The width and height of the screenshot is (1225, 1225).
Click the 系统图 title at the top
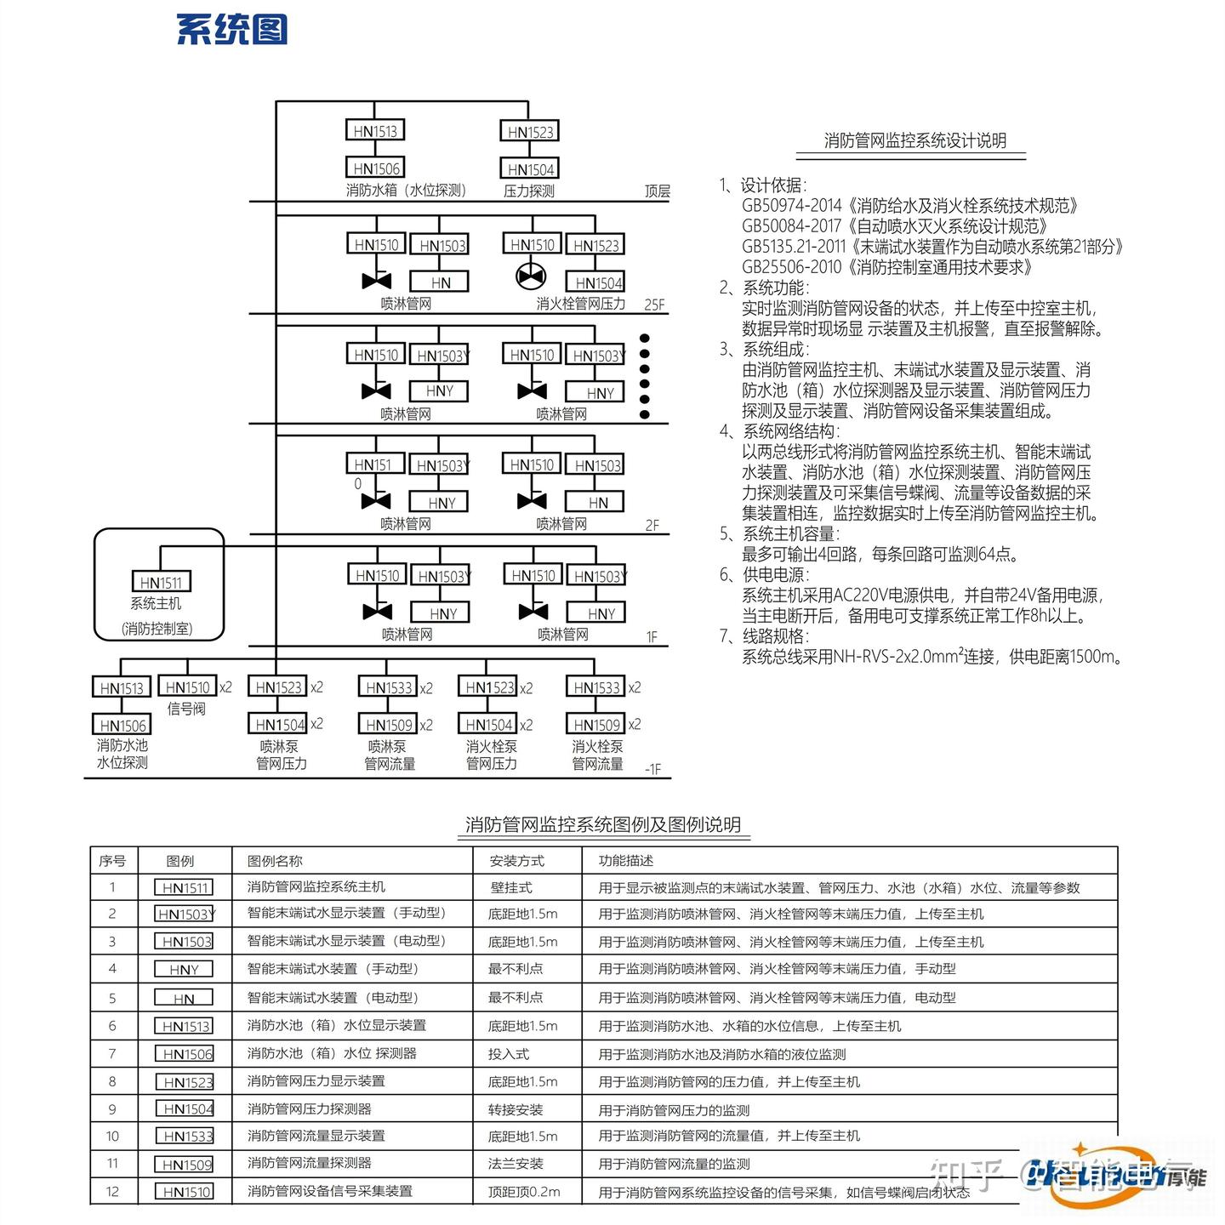231,29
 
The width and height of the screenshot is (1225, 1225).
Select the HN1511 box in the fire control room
161,582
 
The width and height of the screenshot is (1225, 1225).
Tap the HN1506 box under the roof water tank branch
375,168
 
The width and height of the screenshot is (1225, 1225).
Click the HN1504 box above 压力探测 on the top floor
530,169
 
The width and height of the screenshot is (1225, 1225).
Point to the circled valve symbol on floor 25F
532,277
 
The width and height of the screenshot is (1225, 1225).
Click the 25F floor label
654,305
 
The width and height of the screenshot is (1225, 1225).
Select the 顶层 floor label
657,191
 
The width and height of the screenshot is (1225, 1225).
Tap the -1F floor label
652,769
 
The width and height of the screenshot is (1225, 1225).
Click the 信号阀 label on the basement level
186,709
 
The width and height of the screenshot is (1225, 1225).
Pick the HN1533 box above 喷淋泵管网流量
389,687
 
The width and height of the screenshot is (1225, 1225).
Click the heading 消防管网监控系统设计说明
914,141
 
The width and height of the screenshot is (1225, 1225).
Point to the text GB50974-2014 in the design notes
791,206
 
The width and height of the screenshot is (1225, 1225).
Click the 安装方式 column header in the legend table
516,861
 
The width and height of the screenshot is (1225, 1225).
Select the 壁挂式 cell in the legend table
510,887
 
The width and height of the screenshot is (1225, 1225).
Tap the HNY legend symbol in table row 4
184,970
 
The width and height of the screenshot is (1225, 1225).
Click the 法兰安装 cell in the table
516,1164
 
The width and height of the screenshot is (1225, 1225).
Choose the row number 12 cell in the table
112,1191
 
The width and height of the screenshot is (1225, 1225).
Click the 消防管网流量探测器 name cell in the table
309,1163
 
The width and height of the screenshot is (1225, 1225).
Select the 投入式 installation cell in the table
509,1054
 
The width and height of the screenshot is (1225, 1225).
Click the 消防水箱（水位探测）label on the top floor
406,191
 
